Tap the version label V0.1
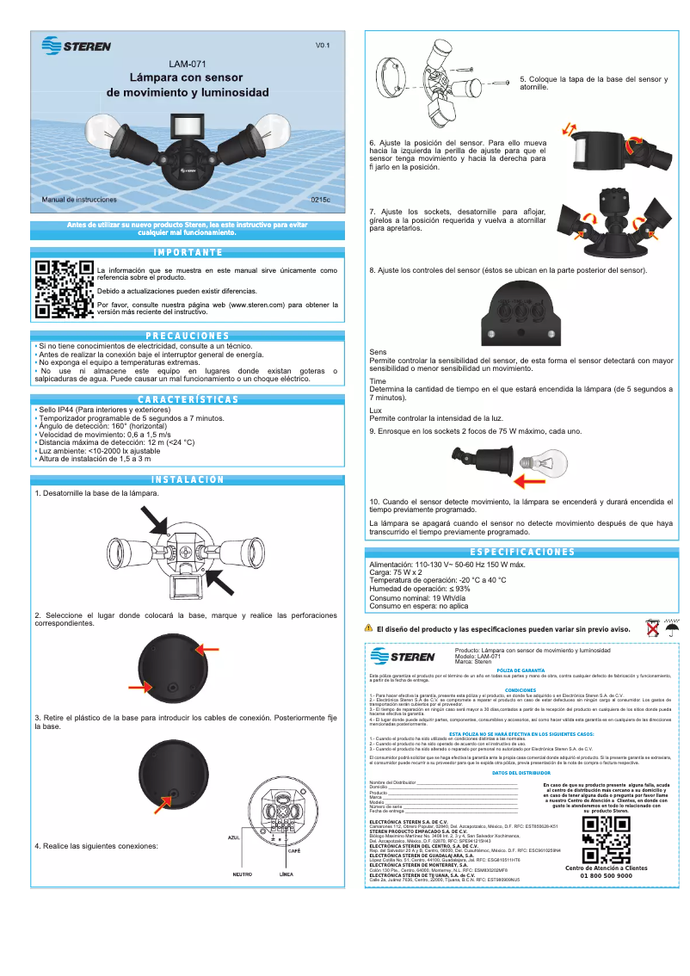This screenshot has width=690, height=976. pyautogui.click(x=323, y=45)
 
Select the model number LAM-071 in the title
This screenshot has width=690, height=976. pyautogui.click(x=187, y=63)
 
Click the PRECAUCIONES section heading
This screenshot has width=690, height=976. pyautogui.click(x=187, y=336)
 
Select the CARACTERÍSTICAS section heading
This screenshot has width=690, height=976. pyautogui.click(x=187, y=399)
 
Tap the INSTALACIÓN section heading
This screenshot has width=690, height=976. pyautogui.click(x=187, y=480)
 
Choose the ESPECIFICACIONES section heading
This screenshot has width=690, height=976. pyautogui.click(x=522, y=552)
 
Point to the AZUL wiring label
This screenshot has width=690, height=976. pyautogui.click(x=234, y=836)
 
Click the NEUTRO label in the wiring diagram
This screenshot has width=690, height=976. pyautogui.click(x=242, y=874)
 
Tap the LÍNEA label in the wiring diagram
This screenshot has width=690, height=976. pyautogui.click(x=286, y=874)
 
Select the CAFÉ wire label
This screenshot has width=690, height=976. pyautogui.click(x=294, y=850)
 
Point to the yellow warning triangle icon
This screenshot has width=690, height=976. pyautogui.click(x=368, y=628)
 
